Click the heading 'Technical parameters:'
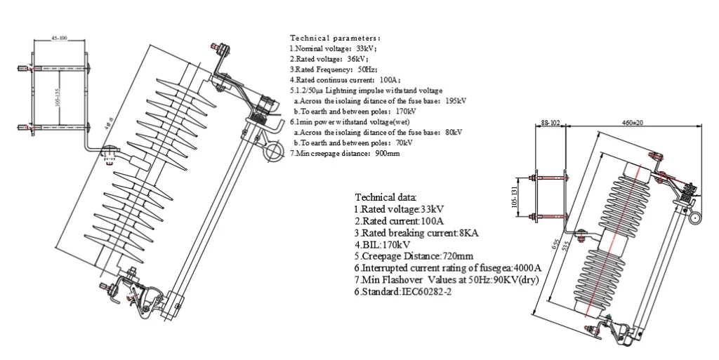(335, 37)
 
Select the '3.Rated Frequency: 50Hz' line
(334, 69)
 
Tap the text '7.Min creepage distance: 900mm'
(345, 153)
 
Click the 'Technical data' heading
(385, 198)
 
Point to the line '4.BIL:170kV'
(383, 245)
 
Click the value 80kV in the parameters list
(454, 132)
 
